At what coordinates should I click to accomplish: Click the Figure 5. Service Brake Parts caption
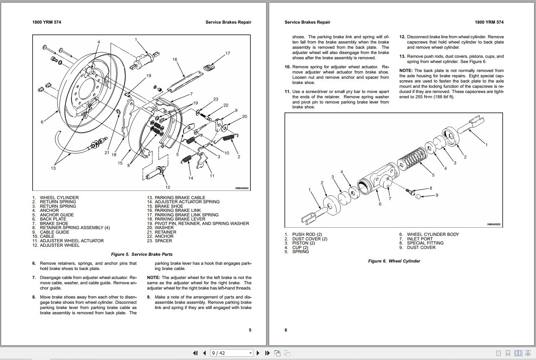(142, 254)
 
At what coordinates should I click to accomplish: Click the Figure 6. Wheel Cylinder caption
(394, 261)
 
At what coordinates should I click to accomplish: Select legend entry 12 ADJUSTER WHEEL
(60, 245)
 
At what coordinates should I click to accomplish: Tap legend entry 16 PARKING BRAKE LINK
(178, 210)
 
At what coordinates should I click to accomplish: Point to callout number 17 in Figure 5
(227, 53)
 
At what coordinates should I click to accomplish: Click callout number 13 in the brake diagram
(53, 168)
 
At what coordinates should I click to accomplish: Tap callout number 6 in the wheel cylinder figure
(380, 204)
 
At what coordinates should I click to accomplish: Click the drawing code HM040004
(242, 188)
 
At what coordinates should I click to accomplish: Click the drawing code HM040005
(494, 224)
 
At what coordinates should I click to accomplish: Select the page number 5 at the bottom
(250, 330)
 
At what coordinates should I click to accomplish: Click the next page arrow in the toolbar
(258, 353)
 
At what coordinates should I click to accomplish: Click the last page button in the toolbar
(267, 353)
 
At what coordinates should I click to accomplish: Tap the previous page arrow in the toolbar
(204, 353)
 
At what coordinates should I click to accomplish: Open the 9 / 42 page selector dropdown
(250, 353)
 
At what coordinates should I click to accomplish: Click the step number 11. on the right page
(288, 91)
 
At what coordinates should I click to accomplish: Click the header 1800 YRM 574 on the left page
(47, 22)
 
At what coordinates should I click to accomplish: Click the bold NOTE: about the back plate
(406, 70)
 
